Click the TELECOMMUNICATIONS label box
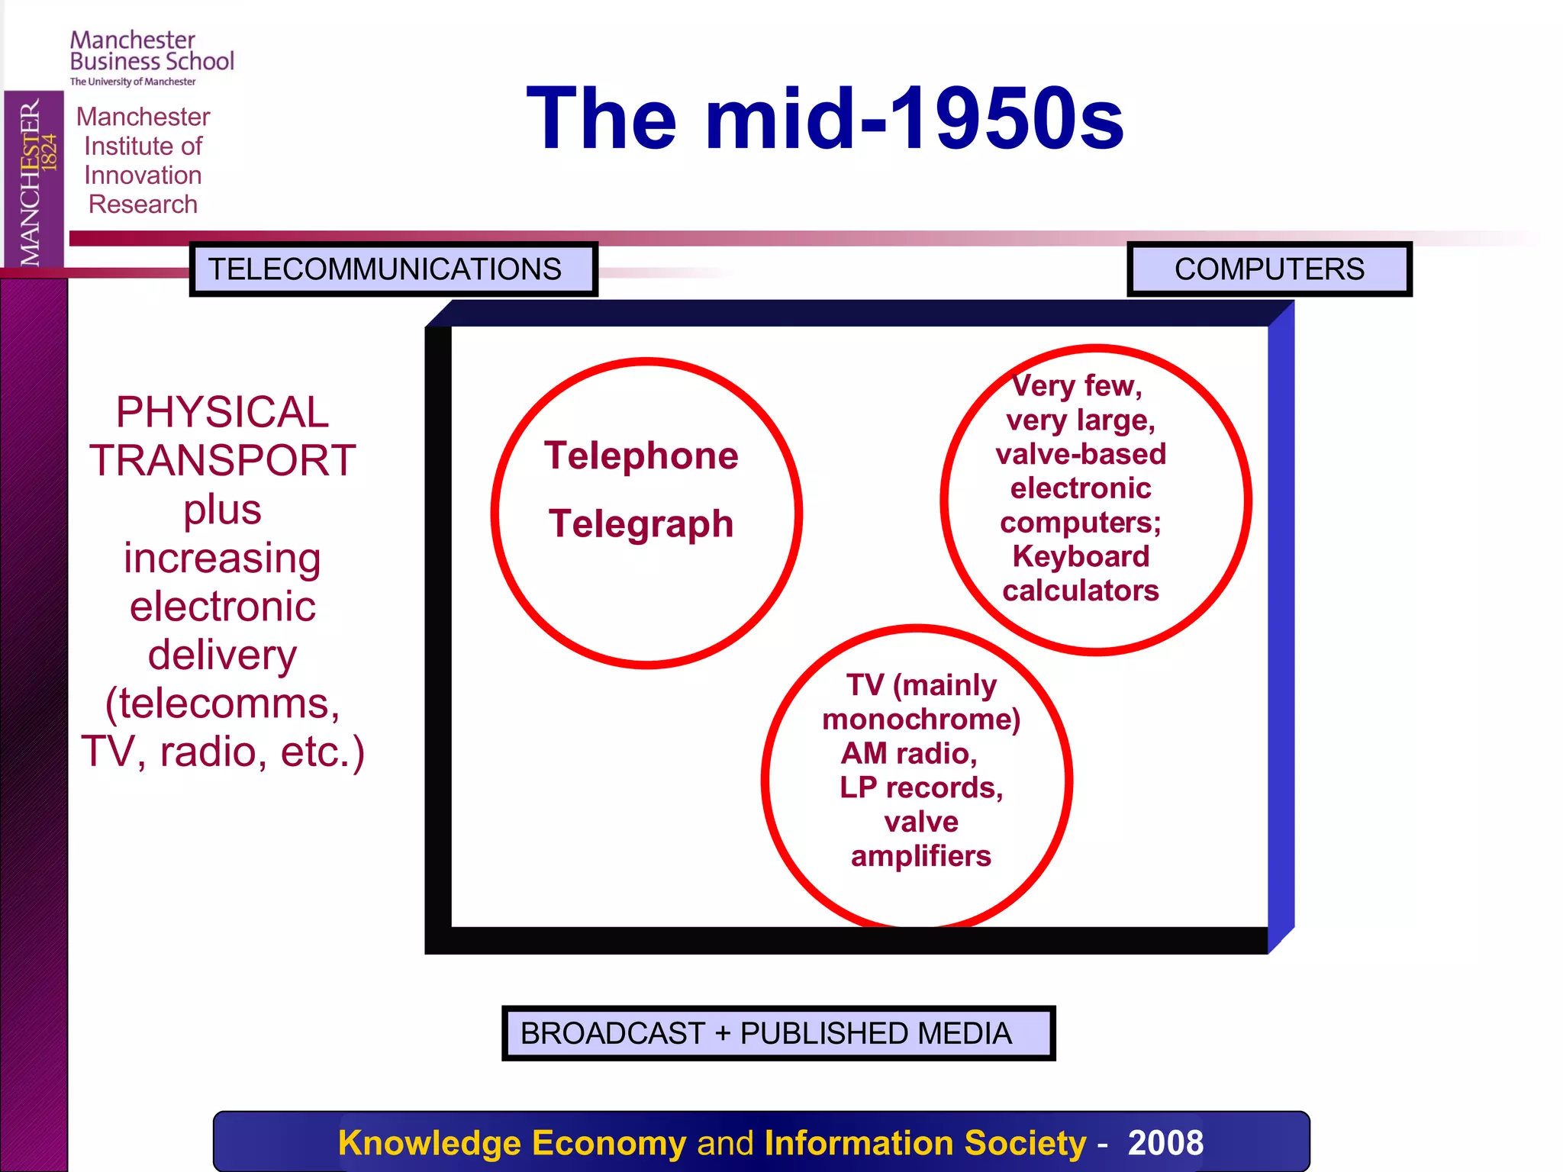click(x=392, y=269)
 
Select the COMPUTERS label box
click(x=1268, y=269)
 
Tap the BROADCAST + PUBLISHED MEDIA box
click(x=778, y=1033)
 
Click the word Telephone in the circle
click(x=641, y=456)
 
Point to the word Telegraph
click(x=641, y=525)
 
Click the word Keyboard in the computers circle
click(x=1080, y=556)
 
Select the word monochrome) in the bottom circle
click(x=921, y=719)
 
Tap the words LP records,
click(x=921, y=787)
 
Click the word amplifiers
click(x=921, y=856)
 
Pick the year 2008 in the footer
click(x=1165, y=1142)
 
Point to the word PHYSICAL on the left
click(x=222, y=412)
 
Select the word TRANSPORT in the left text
click(x=222, y=461)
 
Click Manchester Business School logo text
click(x=151, y=52)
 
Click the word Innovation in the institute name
click(x=143, y=175)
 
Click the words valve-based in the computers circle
click(x=1080, y=454)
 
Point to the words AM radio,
click(x=908, y=753)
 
